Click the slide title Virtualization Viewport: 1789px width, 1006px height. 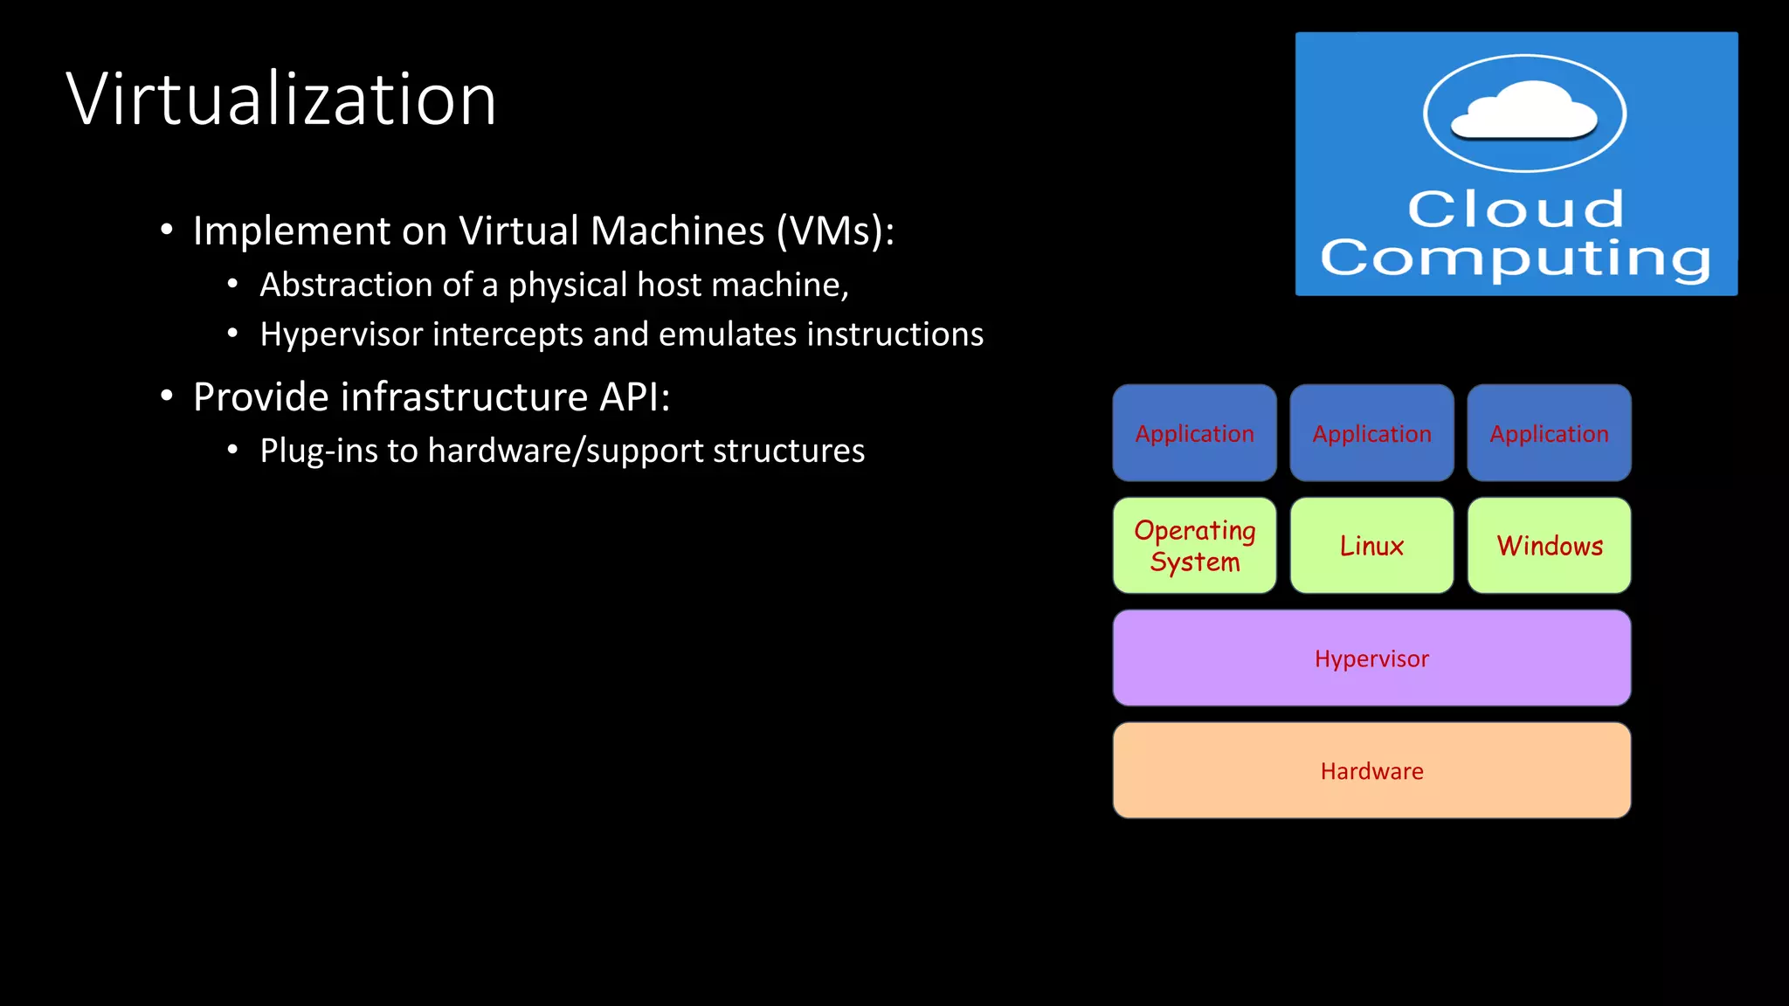[281, 99]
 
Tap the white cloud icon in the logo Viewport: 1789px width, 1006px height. [1524, 111]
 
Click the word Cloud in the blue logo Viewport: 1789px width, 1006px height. [1516, 210]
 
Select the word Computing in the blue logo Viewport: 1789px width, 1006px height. [1516, 258]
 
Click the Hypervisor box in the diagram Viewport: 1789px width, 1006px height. [1371, 658]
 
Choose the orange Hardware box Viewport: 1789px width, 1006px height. [1371, 770]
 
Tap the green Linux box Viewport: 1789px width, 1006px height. [1371, 546]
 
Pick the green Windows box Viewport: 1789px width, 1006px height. [1549, 546]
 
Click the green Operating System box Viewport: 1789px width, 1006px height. [1194, 546]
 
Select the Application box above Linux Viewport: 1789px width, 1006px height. [1371, 433]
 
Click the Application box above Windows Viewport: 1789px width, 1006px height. [1549, 433]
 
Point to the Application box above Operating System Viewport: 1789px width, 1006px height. [1194, 433]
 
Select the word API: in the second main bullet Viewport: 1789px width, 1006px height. [634, 397]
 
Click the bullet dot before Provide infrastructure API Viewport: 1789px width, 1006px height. [167, 396]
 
